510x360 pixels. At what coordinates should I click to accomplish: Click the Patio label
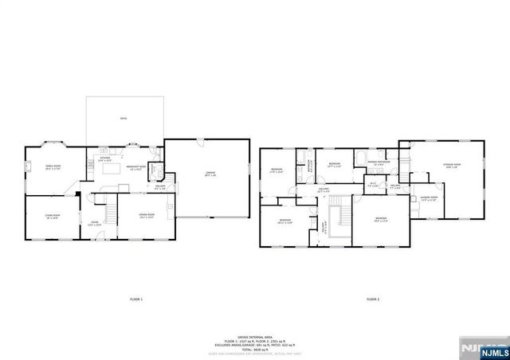(124, 119)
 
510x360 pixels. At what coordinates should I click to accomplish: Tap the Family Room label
(53, 166)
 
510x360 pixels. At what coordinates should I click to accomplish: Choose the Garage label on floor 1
(210, 173)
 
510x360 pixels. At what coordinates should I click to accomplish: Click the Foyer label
(94, 223)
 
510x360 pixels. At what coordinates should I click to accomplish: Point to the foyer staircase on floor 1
(111, 211)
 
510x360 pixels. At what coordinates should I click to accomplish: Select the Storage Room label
(453, 166)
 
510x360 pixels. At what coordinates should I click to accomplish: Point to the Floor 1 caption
(136, 299)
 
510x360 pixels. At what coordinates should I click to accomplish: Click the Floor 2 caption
(373, 299)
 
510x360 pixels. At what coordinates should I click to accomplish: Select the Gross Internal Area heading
(255, 336)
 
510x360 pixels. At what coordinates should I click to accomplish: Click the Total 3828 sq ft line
(255, 350)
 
